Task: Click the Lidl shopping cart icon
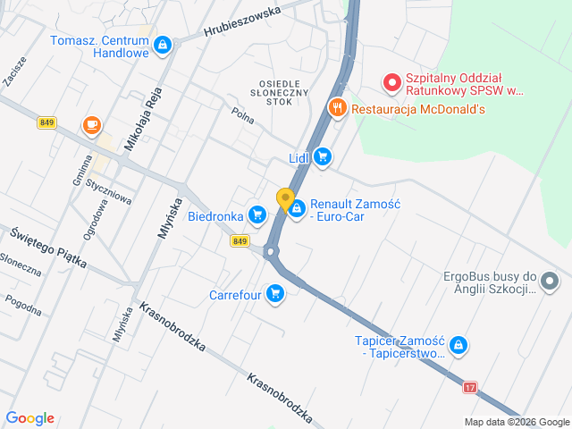(x=323, y=158)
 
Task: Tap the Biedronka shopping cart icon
(x=258, y=214)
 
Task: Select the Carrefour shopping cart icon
(x=274, y=293)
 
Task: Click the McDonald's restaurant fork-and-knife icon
(x=337, y=109)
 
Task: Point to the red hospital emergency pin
(x=391, y=83)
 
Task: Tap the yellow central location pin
(x=285, y=199)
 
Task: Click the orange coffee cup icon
(x=91, y=126)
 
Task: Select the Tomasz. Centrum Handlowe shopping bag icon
(x=162, y=45)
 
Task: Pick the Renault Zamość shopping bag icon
(x=296, y=206)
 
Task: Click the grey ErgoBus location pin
(x=550, y=283)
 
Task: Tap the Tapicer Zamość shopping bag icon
(x=458, y=345)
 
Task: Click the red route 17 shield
(x=470, y=387)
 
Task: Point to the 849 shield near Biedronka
(x=240, y=241)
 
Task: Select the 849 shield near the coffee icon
(x=46, y=122)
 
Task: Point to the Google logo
(x=29, y=418)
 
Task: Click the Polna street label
(x=242, y=114)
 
